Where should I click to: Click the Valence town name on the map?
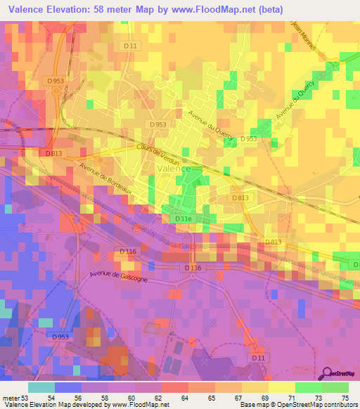pyautogui.click(x=172, y=169)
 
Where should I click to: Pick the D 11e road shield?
pyautogui.click(x=182, y=219)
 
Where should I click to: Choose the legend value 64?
pyautogui.click(x=185, y=397)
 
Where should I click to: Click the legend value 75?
pyautogui.click(x=345, y=397)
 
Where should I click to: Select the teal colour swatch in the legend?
pyautogui.click(x=41, y=387)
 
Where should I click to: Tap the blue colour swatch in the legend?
pyautogui.click(x=67, y=387)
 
